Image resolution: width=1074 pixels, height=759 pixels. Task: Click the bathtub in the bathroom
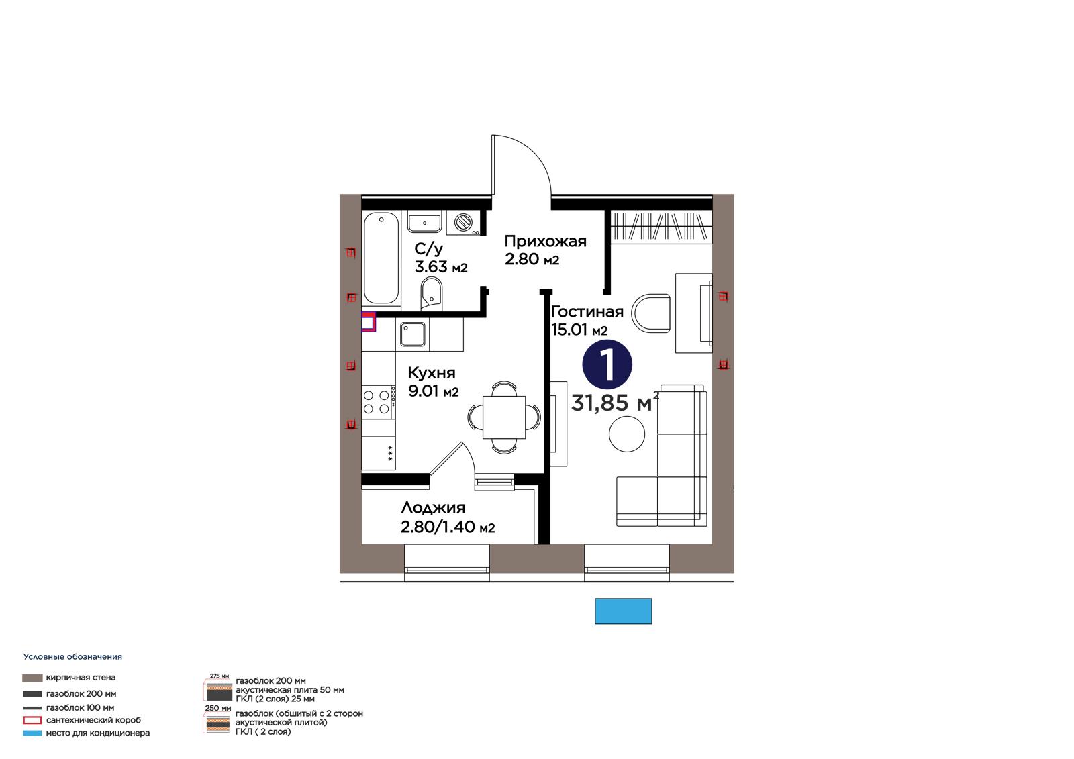[381, 258]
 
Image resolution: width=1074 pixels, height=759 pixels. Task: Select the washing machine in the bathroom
[463, 223]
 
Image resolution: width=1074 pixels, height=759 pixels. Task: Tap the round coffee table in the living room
[627, 434]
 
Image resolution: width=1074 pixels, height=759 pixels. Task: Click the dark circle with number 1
[607, 364]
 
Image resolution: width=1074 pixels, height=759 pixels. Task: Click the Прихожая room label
[545, 241]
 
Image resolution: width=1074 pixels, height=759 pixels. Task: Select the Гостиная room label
[587, 312]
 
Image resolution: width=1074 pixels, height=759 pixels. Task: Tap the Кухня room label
[432, 372]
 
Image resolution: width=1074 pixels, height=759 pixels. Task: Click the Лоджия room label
[433, 508]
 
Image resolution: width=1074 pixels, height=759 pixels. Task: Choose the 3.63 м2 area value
[440, 267]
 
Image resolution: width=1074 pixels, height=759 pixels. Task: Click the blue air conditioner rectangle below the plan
[624, 611]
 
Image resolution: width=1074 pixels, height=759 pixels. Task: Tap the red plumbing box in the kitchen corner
[369, 321]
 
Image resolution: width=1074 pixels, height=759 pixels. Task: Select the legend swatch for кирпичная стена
[32, 678]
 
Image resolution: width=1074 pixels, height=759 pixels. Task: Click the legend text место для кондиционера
[98, 733]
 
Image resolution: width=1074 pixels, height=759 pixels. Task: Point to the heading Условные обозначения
[72, 657]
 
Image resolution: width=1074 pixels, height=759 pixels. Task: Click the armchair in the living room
[650, 313]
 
